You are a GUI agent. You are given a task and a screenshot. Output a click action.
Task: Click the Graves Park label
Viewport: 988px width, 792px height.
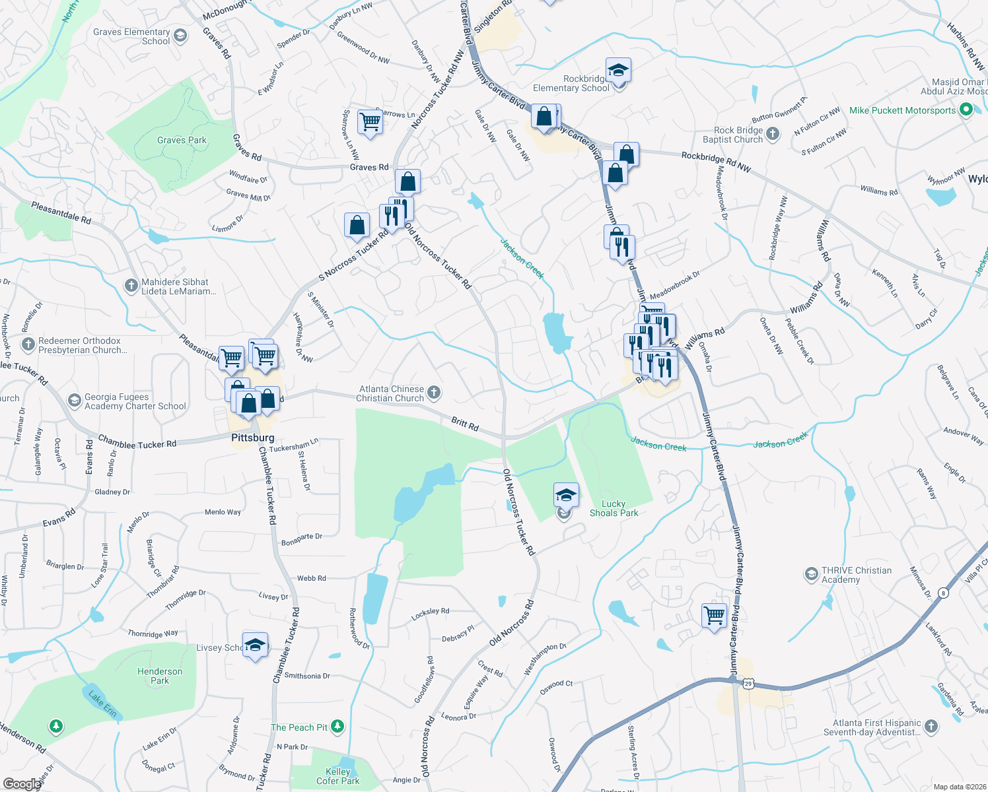(x=182, y=140)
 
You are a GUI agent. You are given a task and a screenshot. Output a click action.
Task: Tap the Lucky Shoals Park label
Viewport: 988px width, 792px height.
(x=614, y=508)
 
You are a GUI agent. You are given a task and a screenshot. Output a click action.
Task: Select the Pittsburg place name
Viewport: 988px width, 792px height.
(x=252, y=438)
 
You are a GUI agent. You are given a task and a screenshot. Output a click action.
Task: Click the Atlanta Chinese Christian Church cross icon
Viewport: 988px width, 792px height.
(x=434, y=393)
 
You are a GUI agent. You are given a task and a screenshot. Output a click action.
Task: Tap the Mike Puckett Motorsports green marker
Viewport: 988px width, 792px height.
(x=966, y=110)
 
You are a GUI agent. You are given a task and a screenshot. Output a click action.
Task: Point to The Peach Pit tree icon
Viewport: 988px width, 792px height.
(x=337, y=727)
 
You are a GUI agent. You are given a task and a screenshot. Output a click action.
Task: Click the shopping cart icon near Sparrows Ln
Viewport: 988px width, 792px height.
(x=370, y=121)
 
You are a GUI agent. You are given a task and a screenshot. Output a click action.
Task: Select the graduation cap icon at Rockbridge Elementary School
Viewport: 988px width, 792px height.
(x=618, y=70)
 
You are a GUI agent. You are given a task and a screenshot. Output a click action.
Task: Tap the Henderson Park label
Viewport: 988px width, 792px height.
(x=160, y=676)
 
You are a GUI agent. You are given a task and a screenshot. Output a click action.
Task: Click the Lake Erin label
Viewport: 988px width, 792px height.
(x=103, y=704)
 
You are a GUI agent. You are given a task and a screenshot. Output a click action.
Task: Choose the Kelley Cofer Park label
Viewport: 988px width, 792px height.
(x=337, y=776)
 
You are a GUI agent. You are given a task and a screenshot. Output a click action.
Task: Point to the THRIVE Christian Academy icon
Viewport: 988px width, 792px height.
(x=811, y=575)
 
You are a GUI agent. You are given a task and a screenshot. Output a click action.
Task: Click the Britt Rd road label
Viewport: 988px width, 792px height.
(x=465, y=424)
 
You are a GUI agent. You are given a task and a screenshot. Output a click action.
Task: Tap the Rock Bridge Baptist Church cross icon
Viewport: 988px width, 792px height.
(x=773, y=135)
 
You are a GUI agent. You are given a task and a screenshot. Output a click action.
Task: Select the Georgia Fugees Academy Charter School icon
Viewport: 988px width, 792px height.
(x=75, y=401)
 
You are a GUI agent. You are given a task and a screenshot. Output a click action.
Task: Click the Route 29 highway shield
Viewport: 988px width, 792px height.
(x=748, y=684)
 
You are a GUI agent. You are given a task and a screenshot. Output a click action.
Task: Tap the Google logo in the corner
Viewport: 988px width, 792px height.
(x=21, y=783)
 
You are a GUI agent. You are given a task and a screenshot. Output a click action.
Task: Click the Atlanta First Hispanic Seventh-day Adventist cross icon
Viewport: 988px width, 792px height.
(x=931, y=727)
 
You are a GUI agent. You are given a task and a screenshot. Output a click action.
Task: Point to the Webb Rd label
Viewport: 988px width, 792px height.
(x=311, y=578)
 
